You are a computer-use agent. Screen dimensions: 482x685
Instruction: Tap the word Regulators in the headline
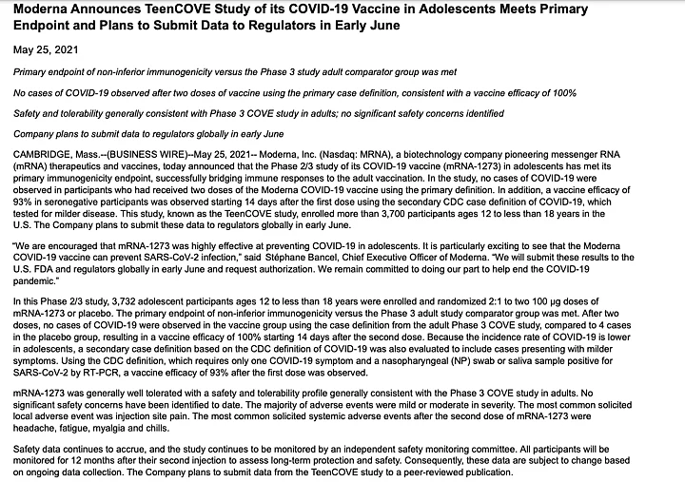point(282,25)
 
